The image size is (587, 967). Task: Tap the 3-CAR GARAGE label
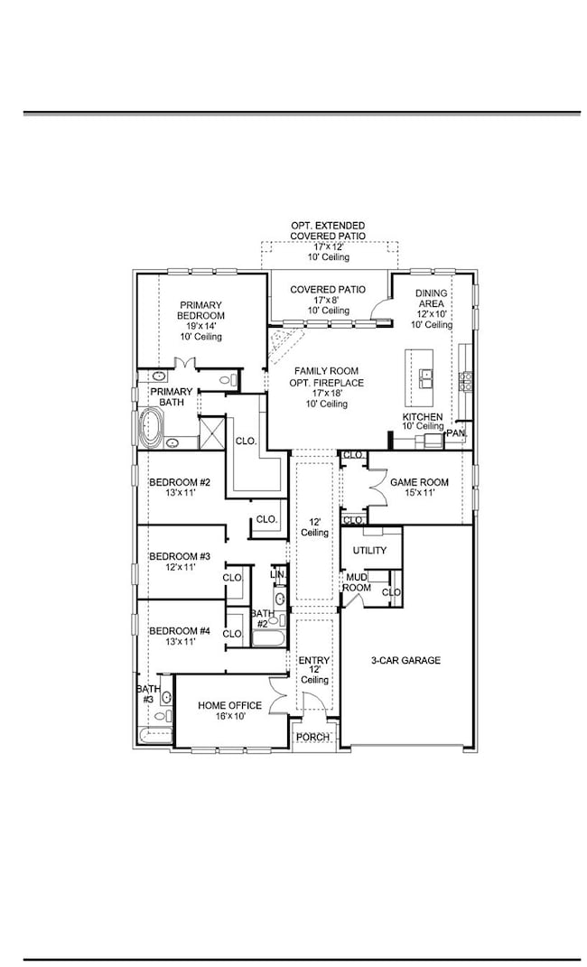click(x=405, y=660)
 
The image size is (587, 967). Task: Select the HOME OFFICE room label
click(x=230, y=705)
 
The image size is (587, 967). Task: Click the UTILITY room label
click(x=370, y=550)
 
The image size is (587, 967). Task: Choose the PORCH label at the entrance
click(x=313, y=737)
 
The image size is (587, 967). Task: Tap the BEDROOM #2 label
click(x=179, y=482)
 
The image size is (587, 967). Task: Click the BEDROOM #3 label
click(x=179, y=556)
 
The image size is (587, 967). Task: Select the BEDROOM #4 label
click(x=179, y=631)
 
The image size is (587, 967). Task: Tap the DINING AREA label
click(x=431, y=300)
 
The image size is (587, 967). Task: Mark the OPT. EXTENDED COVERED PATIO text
click(x=328, y=230)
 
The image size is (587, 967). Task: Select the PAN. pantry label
click(x=455, y=433)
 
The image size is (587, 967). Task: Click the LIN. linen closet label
click(x=278, y=574)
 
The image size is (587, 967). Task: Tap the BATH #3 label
click(x=146, y=693)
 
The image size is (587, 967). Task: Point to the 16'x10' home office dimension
click(x=230, y=716)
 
